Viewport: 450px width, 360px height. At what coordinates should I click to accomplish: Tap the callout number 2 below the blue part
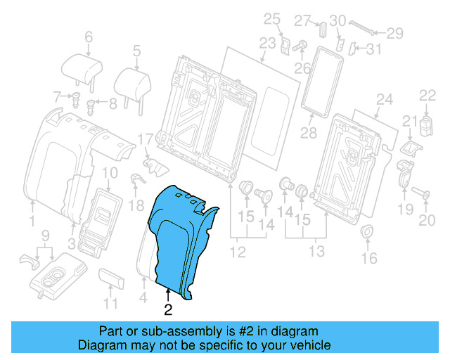click(168, 307)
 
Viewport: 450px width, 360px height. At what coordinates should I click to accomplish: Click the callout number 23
click(266, 43)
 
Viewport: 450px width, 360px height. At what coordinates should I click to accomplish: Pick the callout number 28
click(307, 133)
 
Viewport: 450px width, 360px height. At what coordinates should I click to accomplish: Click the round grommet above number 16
click(367, 232)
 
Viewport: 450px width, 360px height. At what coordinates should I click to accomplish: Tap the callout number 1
click(32, 223)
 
